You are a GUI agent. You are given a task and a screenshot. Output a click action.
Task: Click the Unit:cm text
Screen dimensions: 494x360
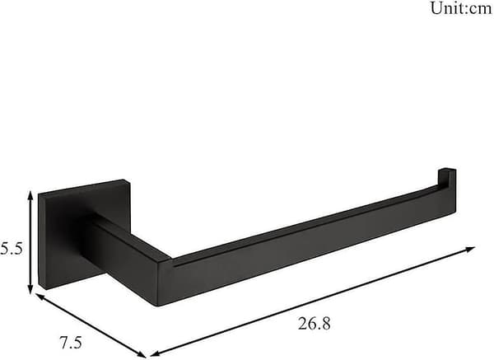461,8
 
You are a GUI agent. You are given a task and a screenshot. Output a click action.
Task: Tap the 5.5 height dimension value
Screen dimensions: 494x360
11,249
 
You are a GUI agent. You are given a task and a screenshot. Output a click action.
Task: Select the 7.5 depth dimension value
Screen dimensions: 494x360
71,343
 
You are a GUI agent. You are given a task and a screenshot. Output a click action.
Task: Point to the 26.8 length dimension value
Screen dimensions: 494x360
315,324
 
